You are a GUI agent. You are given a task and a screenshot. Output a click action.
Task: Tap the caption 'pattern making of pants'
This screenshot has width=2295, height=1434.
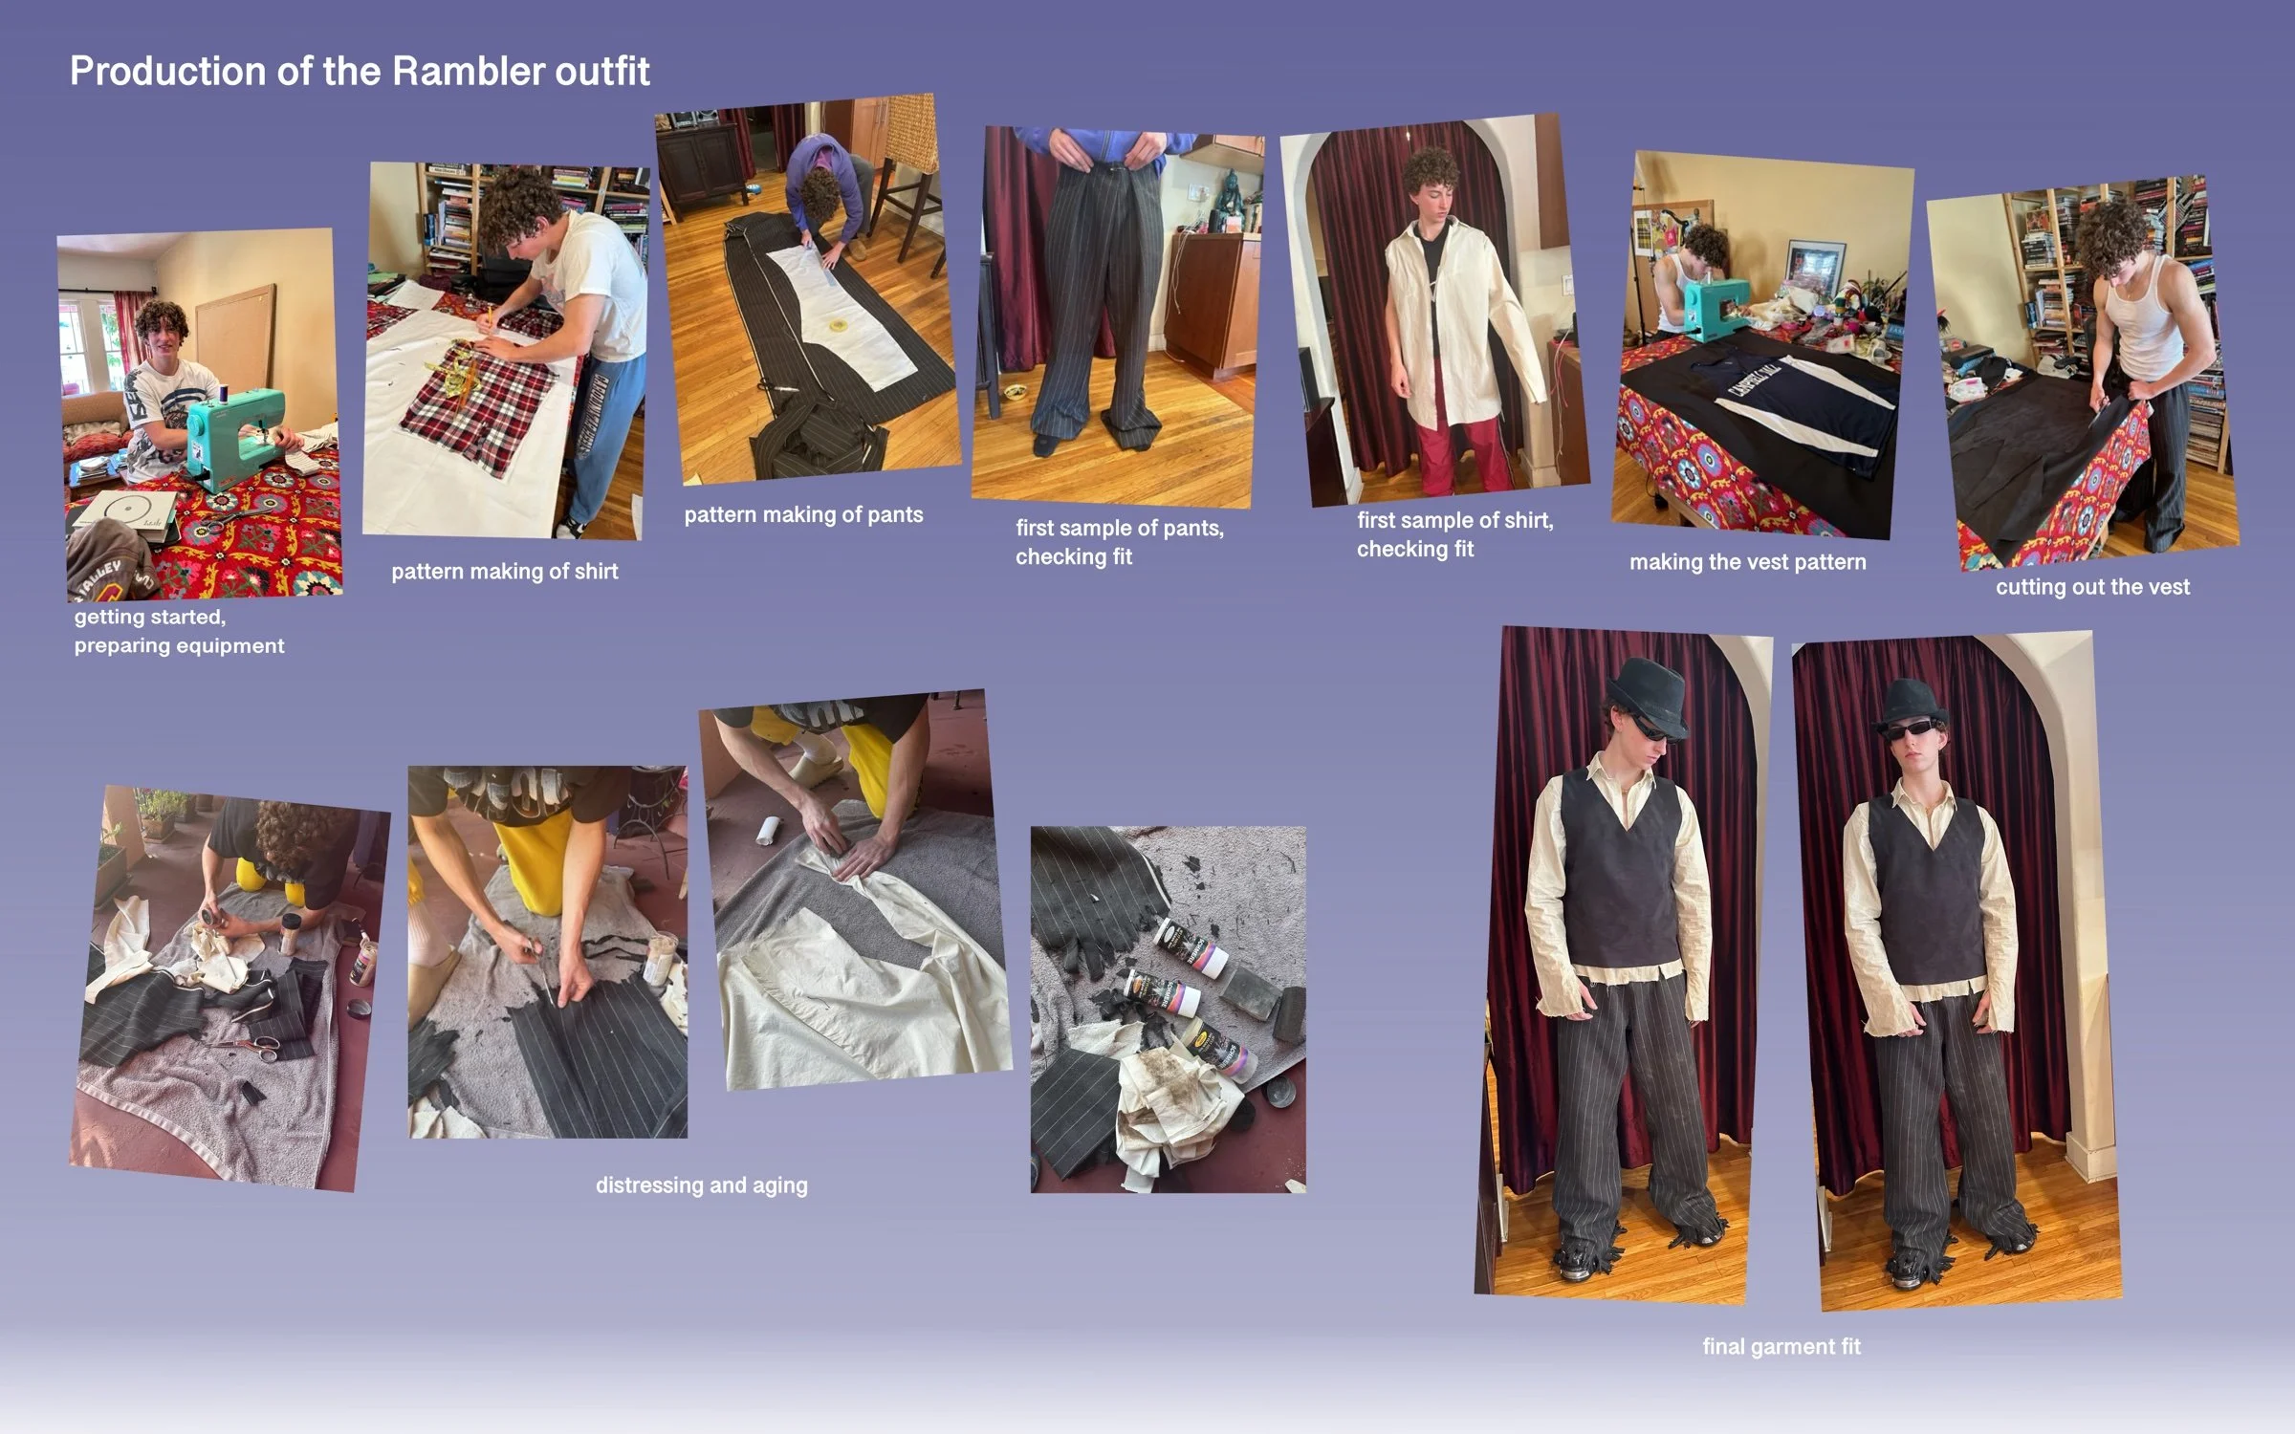tap(803, 515)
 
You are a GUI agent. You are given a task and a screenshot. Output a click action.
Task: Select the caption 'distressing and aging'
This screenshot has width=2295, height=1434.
tap(702, 1185)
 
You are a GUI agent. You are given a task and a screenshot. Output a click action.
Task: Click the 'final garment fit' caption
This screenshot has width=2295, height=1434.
tap(1781, 1347)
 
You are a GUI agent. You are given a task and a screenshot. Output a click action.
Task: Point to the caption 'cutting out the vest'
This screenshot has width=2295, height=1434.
tap(2092, 587)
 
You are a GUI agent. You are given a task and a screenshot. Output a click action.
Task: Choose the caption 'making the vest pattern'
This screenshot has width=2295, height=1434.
tap(1748, 562)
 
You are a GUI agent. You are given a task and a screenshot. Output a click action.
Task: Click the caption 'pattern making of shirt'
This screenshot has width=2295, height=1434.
tap(505, 572)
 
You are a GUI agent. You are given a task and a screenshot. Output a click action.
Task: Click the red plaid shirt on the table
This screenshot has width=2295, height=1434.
tap(478, 400)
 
